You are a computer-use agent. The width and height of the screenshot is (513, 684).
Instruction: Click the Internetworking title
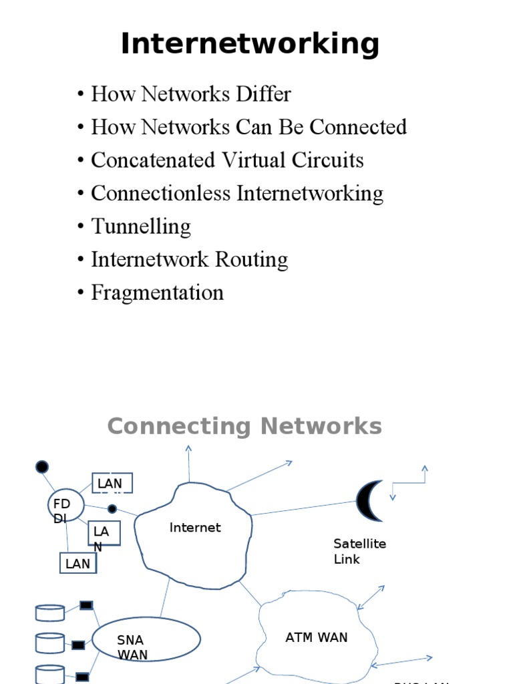(x=250, y=44)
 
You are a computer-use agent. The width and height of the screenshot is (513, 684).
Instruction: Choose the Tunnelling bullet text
(x=141, y=226)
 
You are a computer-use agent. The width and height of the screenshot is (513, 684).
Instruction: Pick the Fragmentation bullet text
(x=157, y=293)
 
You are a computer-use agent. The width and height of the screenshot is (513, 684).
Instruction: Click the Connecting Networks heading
(x=244, y=426)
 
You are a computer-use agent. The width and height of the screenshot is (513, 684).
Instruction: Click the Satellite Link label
(x=359, y=551)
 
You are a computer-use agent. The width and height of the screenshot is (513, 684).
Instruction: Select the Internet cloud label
(x=195, y=528)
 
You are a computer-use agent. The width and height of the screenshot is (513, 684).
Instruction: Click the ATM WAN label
(x=317, y=637)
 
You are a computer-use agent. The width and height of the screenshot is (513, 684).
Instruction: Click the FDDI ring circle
(x=66, y=507)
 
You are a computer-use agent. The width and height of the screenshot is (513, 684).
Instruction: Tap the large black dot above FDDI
(x=42, y=466)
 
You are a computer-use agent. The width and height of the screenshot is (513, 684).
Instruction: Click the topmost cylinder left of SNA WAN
(x=49, y=613)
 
